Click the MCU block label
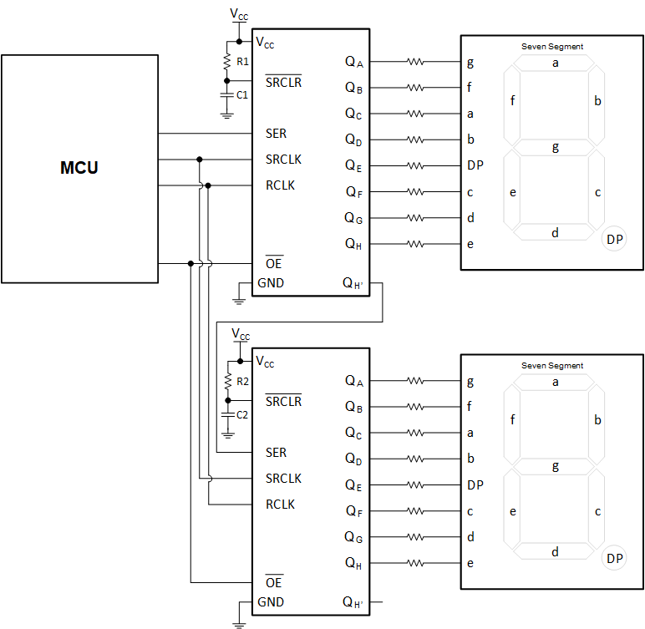point(79,168)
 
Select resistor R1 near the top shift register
point(226,61)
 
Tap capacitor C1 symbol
point(226,95)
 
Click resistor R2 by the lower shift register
point(226,381)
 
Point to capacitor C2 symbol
point(226,414)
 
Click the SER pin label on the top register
point(276,134)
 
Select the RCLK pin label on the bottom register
point(280,505)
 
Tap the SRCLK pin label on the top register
point(283,160)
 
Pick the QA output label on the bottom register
point(354,381)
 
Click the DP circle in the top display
point(614,240)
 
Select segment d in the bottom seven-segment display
point(555,551)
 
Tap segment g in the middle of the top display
point(555,148)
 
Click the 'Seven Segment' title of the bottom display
point(552,366)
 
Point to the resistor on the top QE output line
point(415,165)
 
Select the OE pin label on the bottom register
point(274,582)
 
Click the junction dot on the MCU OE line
point(191,264)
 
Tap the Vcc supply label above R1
point(239,14)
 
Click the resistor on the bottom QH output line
point(415,563)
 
